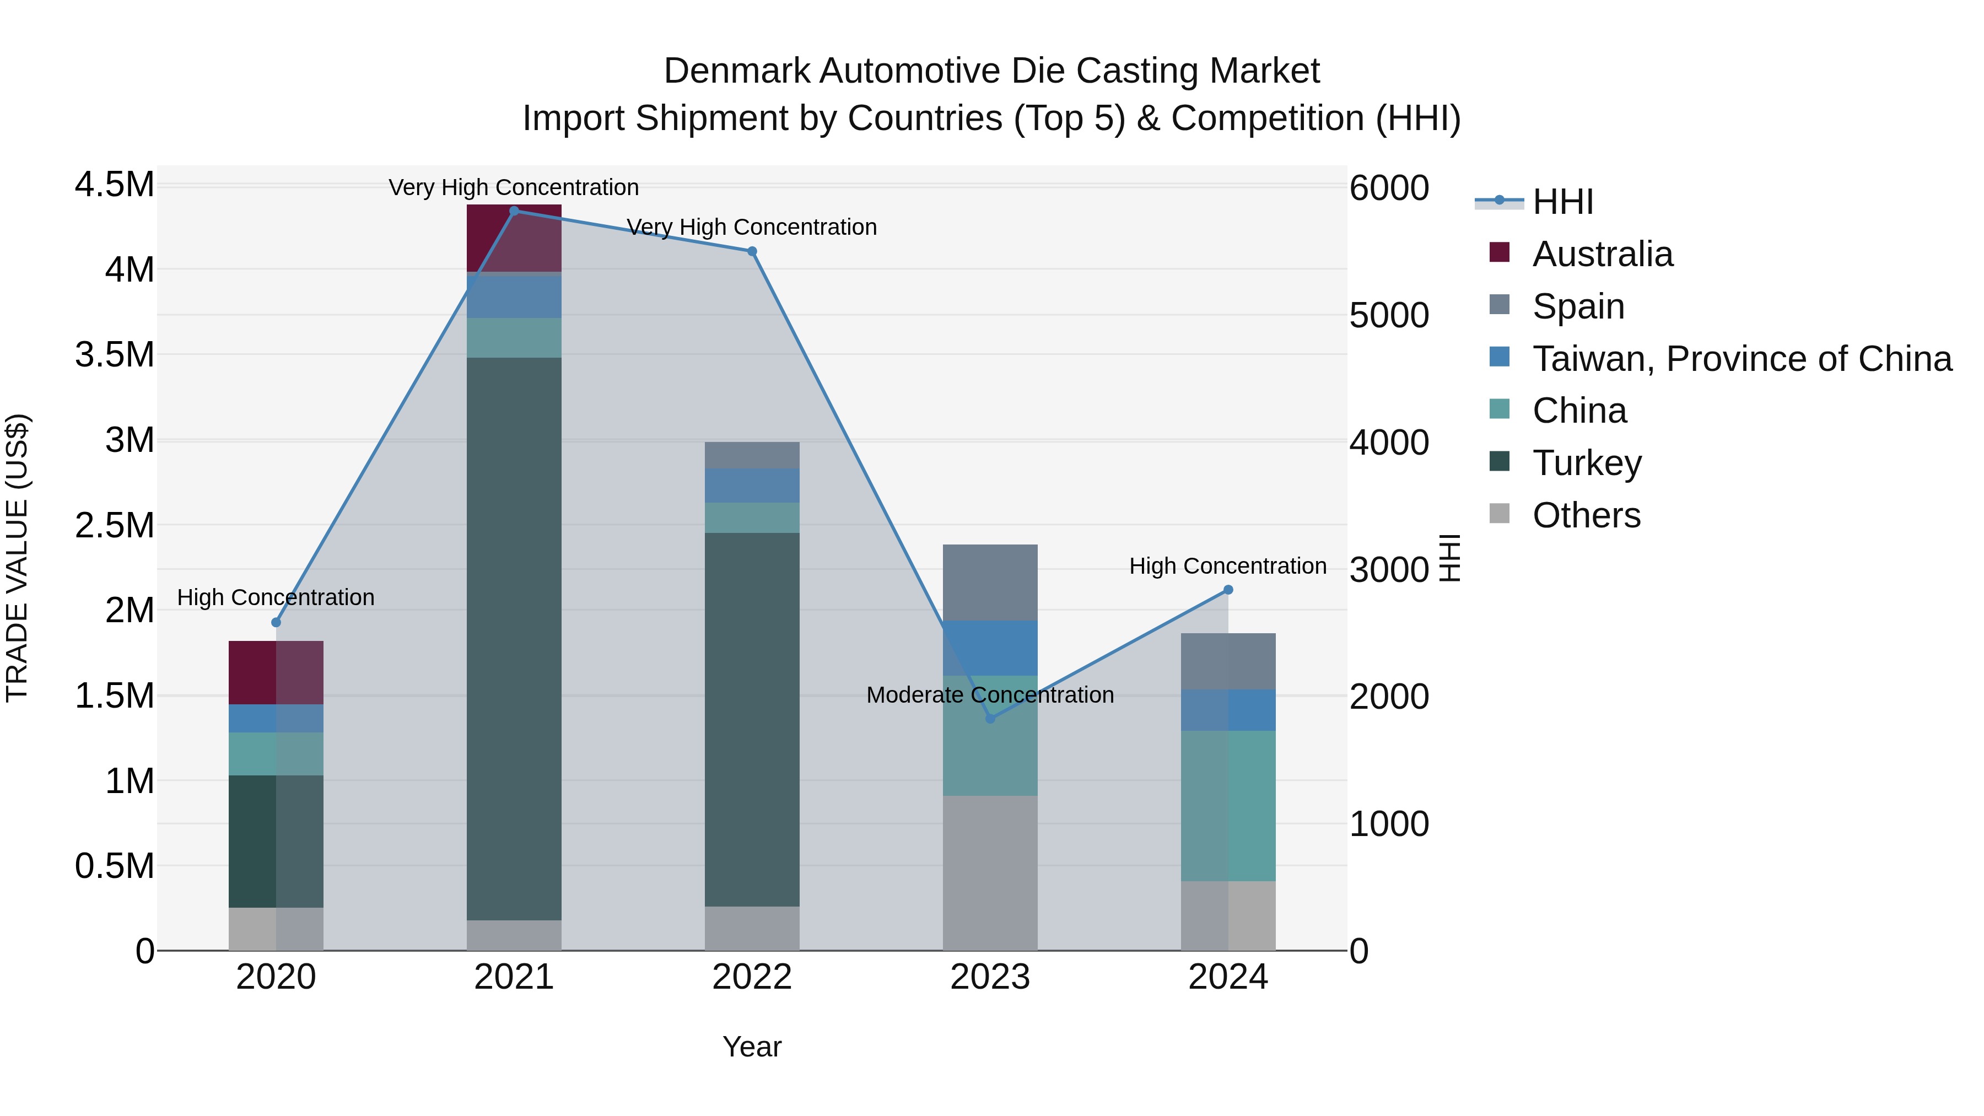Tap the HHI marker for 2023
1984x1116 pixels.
990,719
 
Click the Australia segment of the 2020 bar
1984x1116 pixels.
276,672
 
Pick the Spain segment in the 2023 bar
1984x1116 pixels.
990,583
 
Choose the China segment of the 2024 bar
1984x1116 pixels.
1228,806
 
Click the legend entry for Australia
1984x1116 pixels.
1602,254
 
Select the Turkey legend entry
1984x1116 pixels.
1587,463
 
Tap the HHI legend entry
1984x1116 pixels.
1562,202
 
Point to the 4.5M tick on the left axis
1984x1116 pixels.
114,185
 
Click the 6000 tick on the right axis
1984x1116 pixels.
1389,188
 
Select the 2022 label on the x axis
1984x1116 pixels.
752,977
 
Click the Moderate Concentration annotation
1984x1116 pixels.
990,695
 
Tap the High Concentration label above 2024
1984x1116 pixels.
1228,566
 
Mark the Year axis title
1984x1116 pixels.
752,1047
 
